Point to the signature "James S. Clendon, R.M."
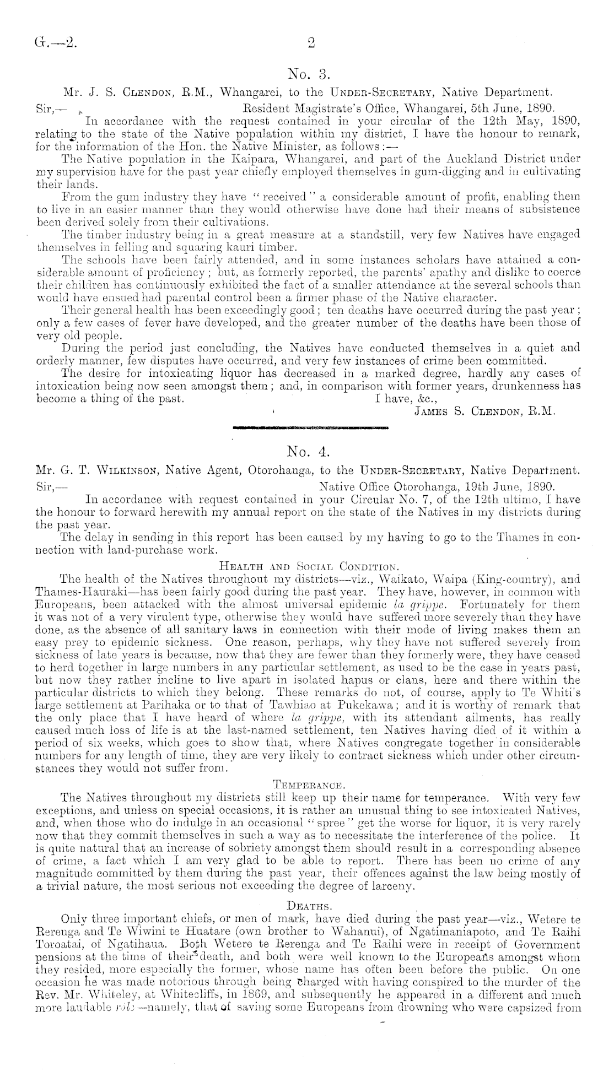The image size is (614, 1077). point(484,411)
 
